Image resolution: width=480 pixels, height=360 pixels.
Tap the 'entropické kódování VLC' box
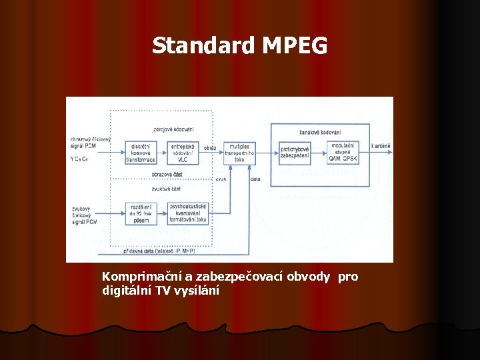(182, 153)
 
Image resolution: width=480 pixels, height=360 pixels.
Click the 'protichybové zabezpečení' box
(294, 153)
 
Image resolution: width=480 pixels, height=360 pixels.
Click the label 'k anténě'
(381, 145)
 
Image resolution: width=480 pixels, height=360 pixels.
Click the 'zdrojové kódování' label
(173, 129)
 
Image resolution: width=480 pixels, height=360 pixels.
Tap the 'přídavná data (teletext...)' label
(159, 251)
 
